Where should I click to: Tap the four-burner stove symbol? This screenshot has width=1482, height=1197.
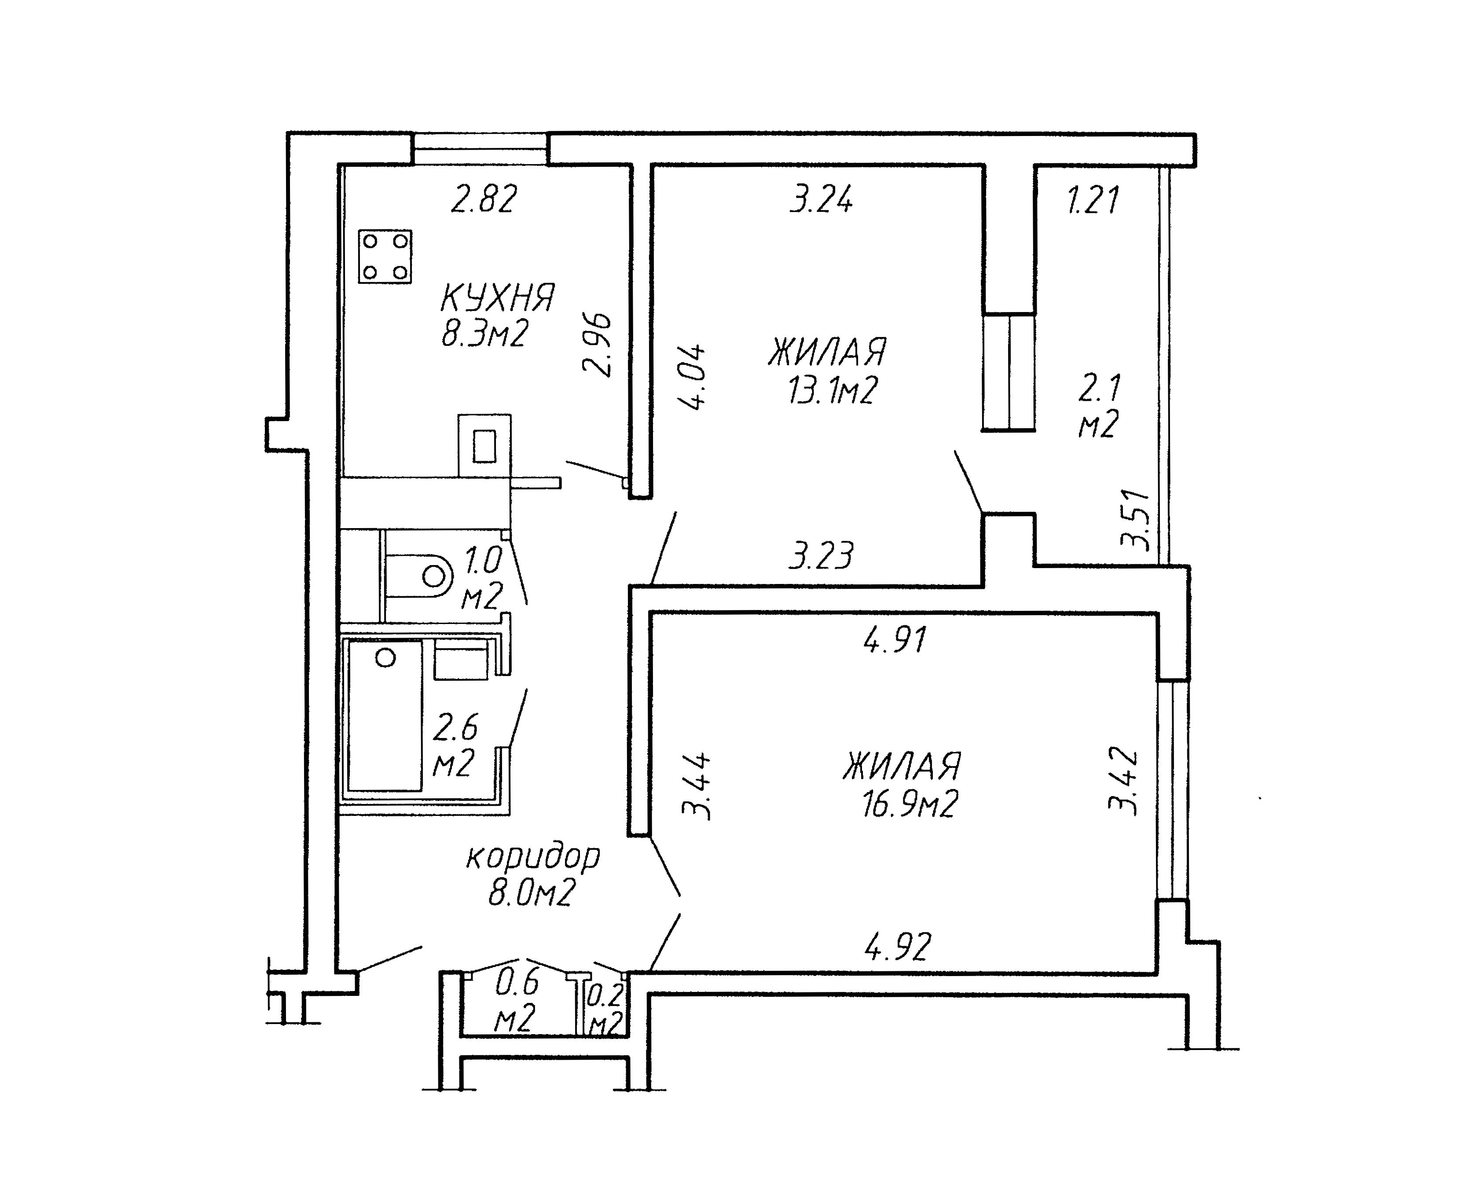[385, 257]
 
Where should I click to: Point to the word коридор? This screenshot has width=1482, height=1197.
[533, 858]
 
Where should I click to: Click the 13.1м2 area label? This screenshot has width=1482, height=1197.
[832, 390]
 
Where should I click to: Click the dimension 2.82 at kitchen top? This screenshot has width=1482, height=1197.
[484, 200]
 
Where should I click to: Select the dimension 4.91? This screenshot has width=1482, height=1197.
[895, 640]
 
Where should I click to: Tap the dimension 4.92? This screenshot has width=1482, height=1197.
[898, 946]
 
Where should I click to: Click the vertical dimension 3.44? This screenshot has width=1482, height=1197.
[696, 786]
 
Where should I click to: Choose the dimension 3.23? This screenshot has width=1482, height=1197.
[821, 556]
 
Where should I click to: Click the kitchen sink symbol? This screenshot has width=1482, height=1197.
[484, 445]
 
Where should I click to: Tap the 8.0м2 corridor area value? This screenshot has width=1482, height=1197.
[532, 894]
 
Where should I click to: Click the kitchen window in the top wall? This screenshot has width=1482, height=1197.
[480, 149]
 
